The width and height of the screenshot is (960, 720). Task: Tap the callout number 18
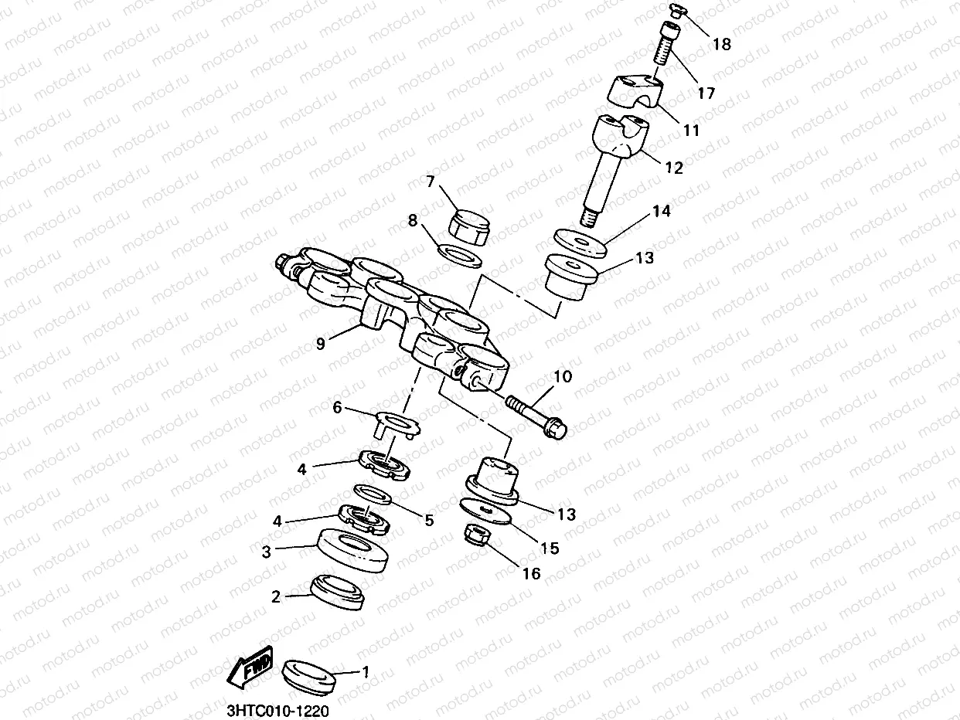point(720,44)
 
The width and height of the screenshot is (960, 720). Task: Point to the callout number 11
point(690,131)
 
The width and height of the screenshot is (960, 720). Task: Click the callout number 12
point(674,168)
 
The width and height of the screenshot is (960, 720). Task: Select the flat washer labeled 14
point(579,242)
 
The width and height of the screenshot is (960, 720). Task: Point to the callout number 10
point(562,377)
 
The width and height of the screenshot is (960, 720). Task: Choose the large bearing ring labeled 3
point(353,550)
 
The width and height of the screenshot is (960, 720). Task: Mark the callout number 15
point(549,548)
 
